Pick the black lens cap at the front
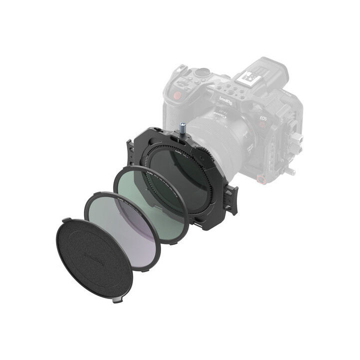[x=95, y=257]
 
